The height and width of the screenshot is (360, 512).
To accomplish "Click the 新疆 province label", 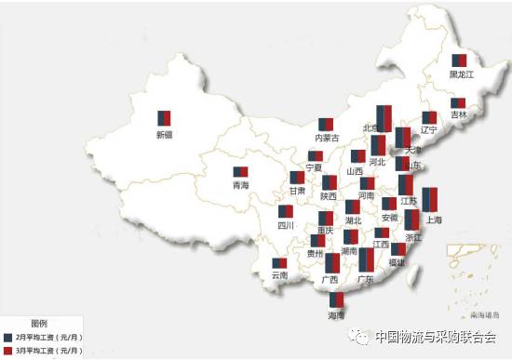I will [164, 135].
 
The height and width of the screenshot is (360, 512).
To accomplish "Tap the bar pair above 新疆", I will [164, 118].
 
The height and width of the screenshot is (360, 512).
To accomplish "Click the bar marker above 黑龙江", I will [460, 60].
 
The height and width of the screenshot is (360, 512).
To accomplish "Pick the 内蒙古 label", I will [327, 139].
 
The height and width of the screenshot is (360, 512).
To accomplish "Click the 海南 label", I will [336, 315].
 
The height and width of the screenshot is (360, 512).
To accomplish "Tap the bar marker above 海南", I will [336, 300].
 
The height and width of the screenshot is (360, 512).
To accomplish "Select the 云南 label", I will [279, 275].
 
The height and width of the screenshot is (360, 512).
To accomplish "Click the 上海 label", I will [433, 220].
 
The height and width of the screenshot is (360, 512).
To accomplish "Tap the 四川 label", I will [285, 225].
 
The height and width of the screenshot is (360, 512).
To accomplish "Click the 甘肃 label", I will [296, 190].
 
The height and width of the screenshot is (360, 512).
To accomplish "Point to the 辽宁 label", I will [428, 129].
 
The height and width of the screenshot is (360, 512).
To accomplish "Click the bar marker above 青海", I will [240, 172].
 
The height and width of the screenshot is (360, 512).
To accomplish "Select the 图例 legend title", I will [38, 321].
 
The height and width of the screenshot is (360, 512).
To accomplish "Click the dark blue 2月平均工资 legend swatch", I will [7, 336].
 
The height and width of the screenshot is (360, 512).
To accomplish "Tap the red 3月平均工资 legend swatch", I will [7, 350].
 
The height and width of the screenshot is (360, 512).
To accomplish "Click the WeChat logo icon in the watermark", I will [358, 337].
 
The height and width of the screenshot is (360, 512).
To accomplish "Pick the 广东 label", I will [365, 278].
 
